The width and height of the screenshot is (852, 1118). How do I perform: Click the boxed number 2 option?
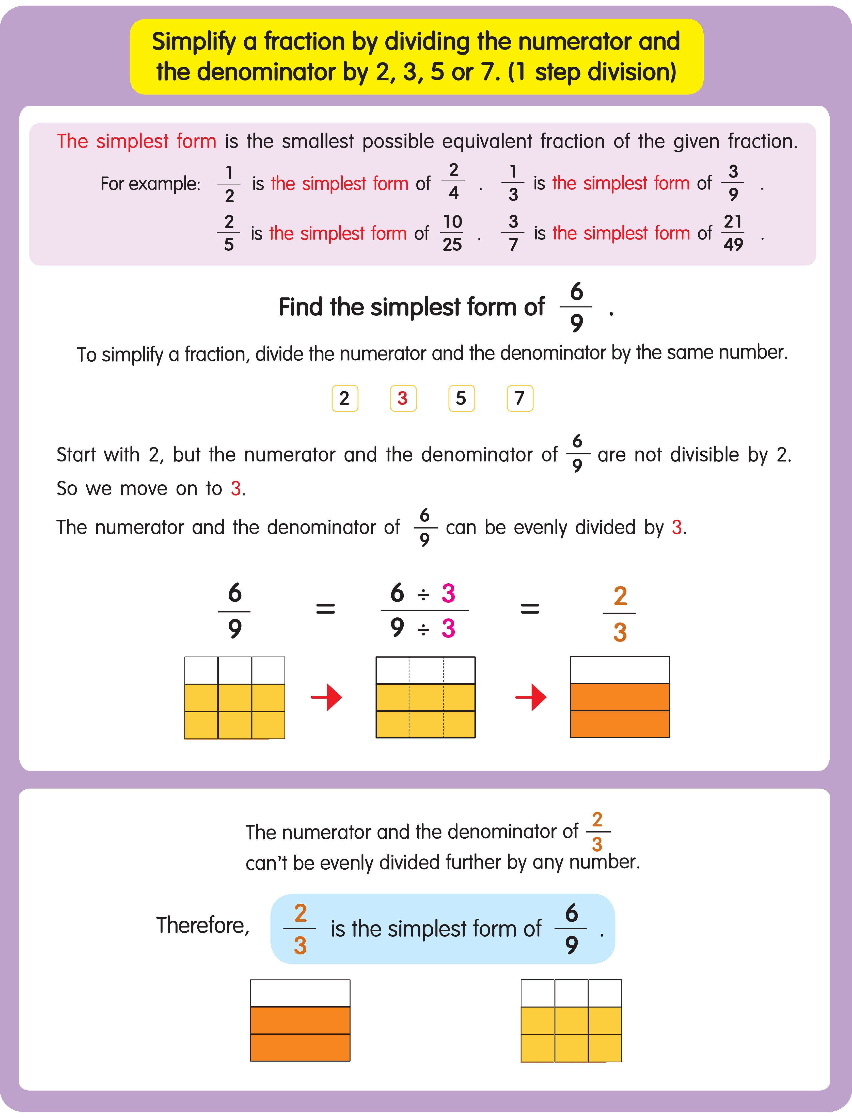[x=345, y=398]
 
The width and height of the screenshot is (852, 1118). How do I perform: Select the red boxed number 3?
[x=403, y=398]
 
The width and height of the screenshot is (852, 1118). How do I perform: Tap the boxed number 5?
[x=462, y=398]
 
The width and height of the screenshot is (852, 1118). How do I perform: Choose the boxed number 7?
[x=520, y=398]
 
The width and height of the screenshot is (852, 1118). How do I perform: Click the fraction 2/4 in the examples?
[x=453, y=182]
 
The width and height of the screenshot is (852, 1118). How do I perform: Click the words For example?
[x=150, y=184]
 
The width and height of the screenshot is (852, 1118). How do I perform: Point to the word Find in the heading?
[x=300, y=307]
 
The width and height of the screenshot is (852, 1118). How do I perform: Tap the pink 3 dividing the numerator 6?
[x=448, y=593]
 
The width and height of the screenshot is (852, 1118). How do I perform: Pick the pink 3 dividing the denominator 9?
[x=448, y=629]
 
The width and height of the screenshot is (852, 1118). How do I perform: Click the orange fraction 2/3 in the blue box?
[x=300, y=929]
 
